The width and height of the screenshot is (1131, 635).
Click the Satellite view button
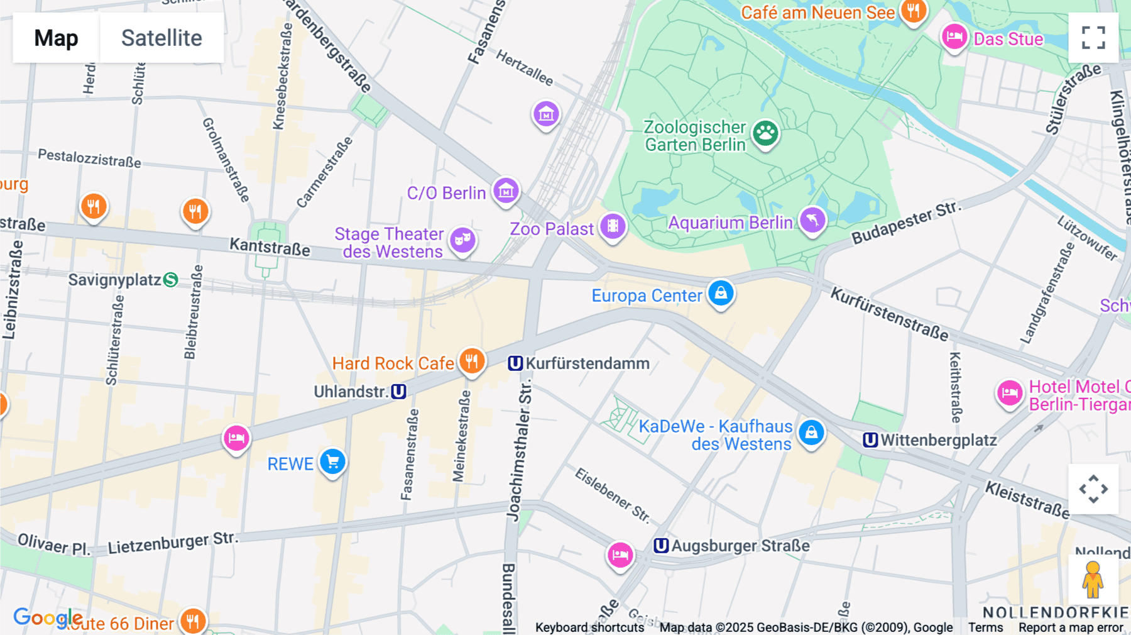point(161,38)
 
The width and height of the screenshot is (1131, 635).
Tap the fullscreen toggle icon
point(1093,38)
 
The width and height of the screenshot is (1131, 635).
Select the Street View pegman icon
point(1093,580)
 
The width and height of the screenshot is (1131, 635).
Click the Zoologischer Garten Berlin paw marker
point(765,133)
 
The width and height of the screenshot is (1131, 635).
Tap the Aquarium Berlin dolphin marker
point(812,220)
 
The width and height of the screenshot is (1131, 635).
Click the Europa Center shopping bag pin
point(721,293)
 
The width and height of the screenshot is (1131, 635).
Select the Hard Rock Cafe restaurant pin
point(471,361)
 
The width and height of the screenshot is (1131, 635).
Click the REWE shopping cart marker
point(332,462)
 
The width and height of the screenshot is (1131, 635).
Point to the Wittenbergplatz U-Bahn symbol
point(870,440)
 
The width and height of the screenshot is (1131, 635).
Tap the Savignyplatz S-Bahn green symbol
point(170,280)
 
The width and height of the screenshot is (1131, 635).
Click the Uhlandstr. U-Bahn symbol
point(398,392)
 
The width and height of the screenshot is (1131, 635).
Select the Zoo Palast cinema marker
point(613,226)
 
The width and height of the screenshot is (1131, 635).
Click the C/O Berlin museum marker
point(506,190)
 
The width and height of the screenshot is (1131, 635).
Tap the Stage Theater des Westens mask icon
point(462,240)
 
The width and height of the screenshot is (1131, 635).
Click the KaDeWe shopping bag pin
point(811,433)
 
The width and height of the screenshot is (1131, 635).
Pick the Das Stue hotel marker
point(954,36)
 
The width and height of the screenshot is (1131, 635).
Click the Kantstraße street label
point(270,246)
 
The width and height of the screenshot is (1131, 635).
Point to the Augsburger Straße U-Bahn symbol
point(661,546)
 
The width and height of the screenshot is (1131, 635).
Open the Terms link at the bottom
point(985,627)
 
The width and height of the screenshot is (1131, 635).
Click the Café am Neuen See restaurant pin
point(914,11)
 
